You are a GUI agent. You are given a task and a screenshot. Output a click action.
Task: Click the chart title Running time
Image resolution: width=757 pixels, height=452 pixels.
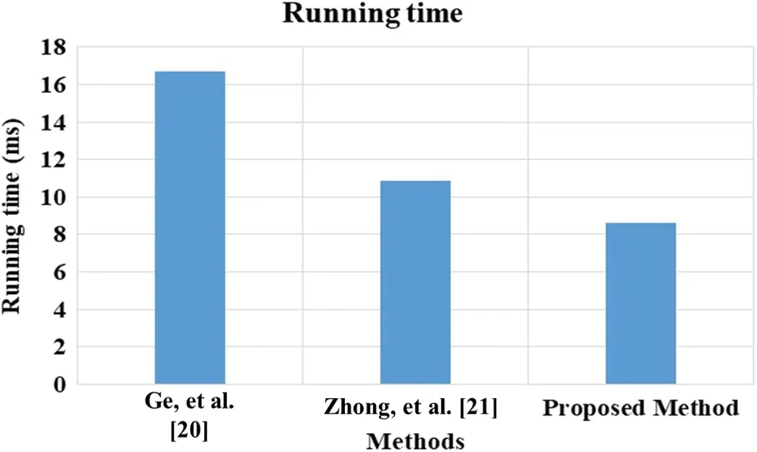click(x=372, y=14)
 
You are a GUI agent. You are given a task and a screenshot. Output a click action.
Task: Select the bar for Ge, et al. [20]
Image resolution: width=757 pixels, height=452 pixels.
click(x=190, y=227)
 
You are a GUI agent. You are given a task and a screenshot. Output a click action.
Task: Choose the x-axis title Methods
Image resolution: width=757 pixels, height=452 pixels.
click(x=415, y=439)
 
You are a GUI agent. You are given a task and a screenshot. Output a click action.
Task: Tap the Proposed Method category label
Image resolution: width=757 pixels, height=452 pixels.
click(x=640, y=409)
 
